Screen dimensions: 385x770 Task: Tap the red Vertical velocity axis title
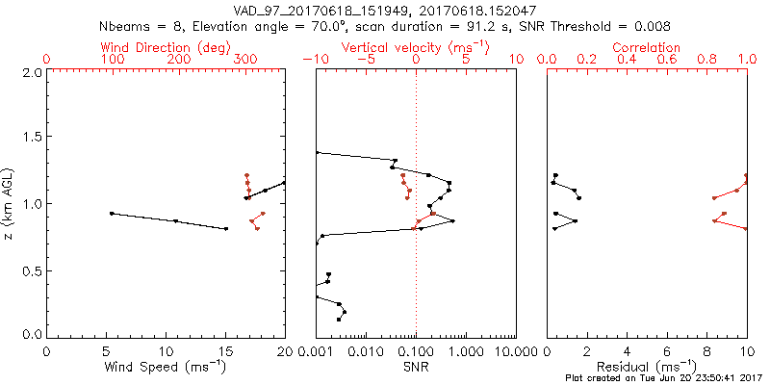tap(416, 47)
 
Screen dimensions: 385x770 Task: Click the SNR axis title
tap(416, 367)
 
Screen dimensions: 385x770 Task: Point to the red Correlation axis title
tap(647, 47)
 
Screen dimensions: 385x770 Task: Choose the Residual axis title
tap(647, 367)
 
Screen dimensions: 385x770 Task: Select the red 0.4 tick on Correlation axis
tap(628, 60)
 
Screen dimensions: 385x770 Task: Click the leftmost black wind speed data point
tap(112, 213)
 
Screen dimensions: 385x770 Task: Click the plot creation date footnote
tap(666, 377)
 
